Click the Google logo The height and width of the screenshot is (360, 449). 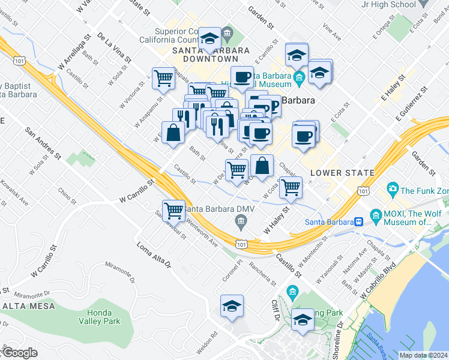click(x=19, y=353)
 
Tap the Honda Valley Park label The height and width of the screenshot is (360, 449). click(x=103, y=317)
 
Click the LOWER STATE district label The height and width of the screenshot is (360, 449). click(x=342, y=173)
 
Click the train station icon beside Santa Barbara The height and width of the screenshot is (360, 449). click(x=359, y=220)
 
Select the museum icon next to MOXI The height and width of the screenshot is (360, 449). click(x=376, y=215)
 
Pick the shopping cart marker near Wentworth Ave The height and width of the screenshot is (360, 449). click(x=173, y=210)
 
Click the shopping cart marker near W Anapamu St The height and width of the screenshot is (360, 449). click(x=163, y=78)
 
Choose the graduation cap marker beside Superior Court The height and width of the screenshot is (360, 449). click(x=209, y=39)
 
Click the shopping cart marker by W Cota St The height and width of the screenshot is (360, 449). click(x=291, y=187)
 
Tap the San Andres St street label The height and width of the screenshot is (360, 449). click(x=43, y=143)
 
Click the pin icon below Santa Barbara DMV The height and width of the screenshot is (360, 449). click(x=240, y=223)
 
